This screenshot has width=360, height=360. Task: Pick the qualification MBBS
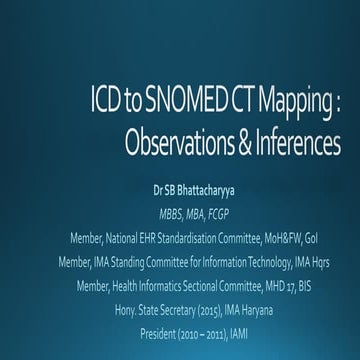tap(161, 214)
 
